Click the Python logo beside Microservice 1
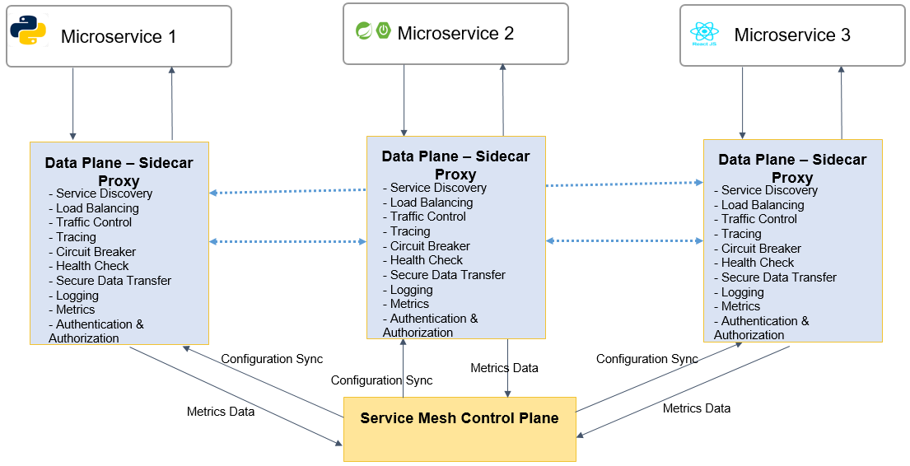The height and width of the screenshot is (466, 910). [28, 30]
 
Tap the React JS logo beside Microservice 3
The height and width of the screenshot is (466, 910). [704, 34]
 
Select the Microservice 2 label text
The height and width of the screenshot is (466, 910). [455, 33]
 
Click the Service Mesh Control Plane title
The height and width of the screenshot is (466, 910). [459, 417]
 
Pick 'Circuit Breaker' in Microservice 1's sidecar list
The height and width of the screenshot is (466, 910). [96, 252]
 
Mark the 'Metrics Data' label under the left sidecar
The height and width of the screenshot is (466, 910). [221, 412]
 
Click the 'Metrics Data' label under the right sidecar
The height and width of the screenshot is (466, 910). [697, 408]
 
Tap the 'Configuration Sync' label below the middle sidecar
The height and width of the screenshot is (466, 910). [382, 380]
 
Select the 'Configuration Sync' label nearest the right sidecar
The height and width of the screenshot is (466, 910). [647, 359]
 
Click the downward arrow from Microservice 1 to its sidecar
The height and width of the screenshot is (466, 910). [73, 104]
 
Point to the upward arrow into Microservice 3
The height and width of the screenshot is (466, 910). [841, 103]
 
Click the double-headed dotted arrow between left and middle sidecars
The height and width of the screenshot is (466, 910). [288, 241]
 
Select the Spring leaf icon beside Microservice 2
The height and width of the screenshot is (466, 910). [364, 30]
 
